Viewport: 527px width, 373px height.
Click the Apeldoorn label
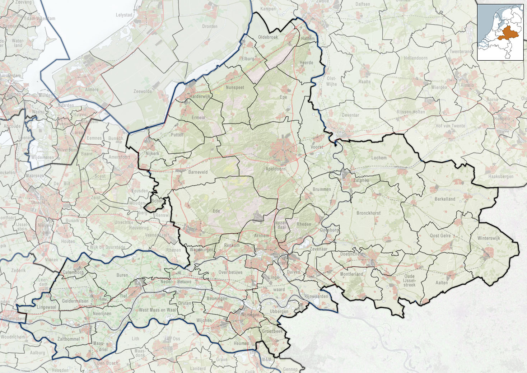(x=276, y=169)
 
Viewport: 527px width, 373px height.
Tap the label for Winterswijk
(x=489, y=238)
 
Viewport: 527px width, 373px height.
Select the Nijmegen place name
(x=250, y=314)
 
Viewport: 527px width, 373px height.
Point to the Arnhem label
(x=261, y=236)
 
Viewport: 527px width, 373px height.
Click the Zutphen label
(x=361, y=181)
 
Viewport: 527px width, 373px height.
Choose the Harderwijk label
(x=200, y=97)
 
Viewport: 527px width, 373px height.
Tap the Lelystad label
(x=124, y=15)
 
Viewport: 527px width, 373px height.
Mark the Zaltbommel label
(x=69, y=339)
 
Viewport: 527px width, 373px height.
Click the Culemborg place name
(x=73, y=272)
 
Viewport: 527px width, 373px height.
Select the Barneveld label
(x=198, y=172)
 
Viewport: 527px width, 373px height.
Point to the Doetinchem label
(x=351, y=254)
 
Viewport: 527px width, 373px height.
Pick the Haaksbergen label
(x=501, y=177)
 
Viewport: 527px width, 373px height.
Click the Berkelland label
(x=445, y=199)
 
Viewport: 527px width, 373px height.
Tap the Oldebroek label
(x=268, y=37)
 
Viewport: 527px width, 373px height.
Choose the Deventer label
(x=350, y=115)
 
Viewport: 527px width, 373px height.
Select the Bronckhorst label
(x=368, y=213)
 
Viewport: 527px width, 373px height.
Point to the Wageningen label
(x=201, y=250)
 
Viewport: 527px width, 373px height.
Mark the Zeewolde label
(x=143, y=92)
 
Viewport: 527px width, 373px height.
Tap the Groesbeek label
(x=272, y=331)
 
